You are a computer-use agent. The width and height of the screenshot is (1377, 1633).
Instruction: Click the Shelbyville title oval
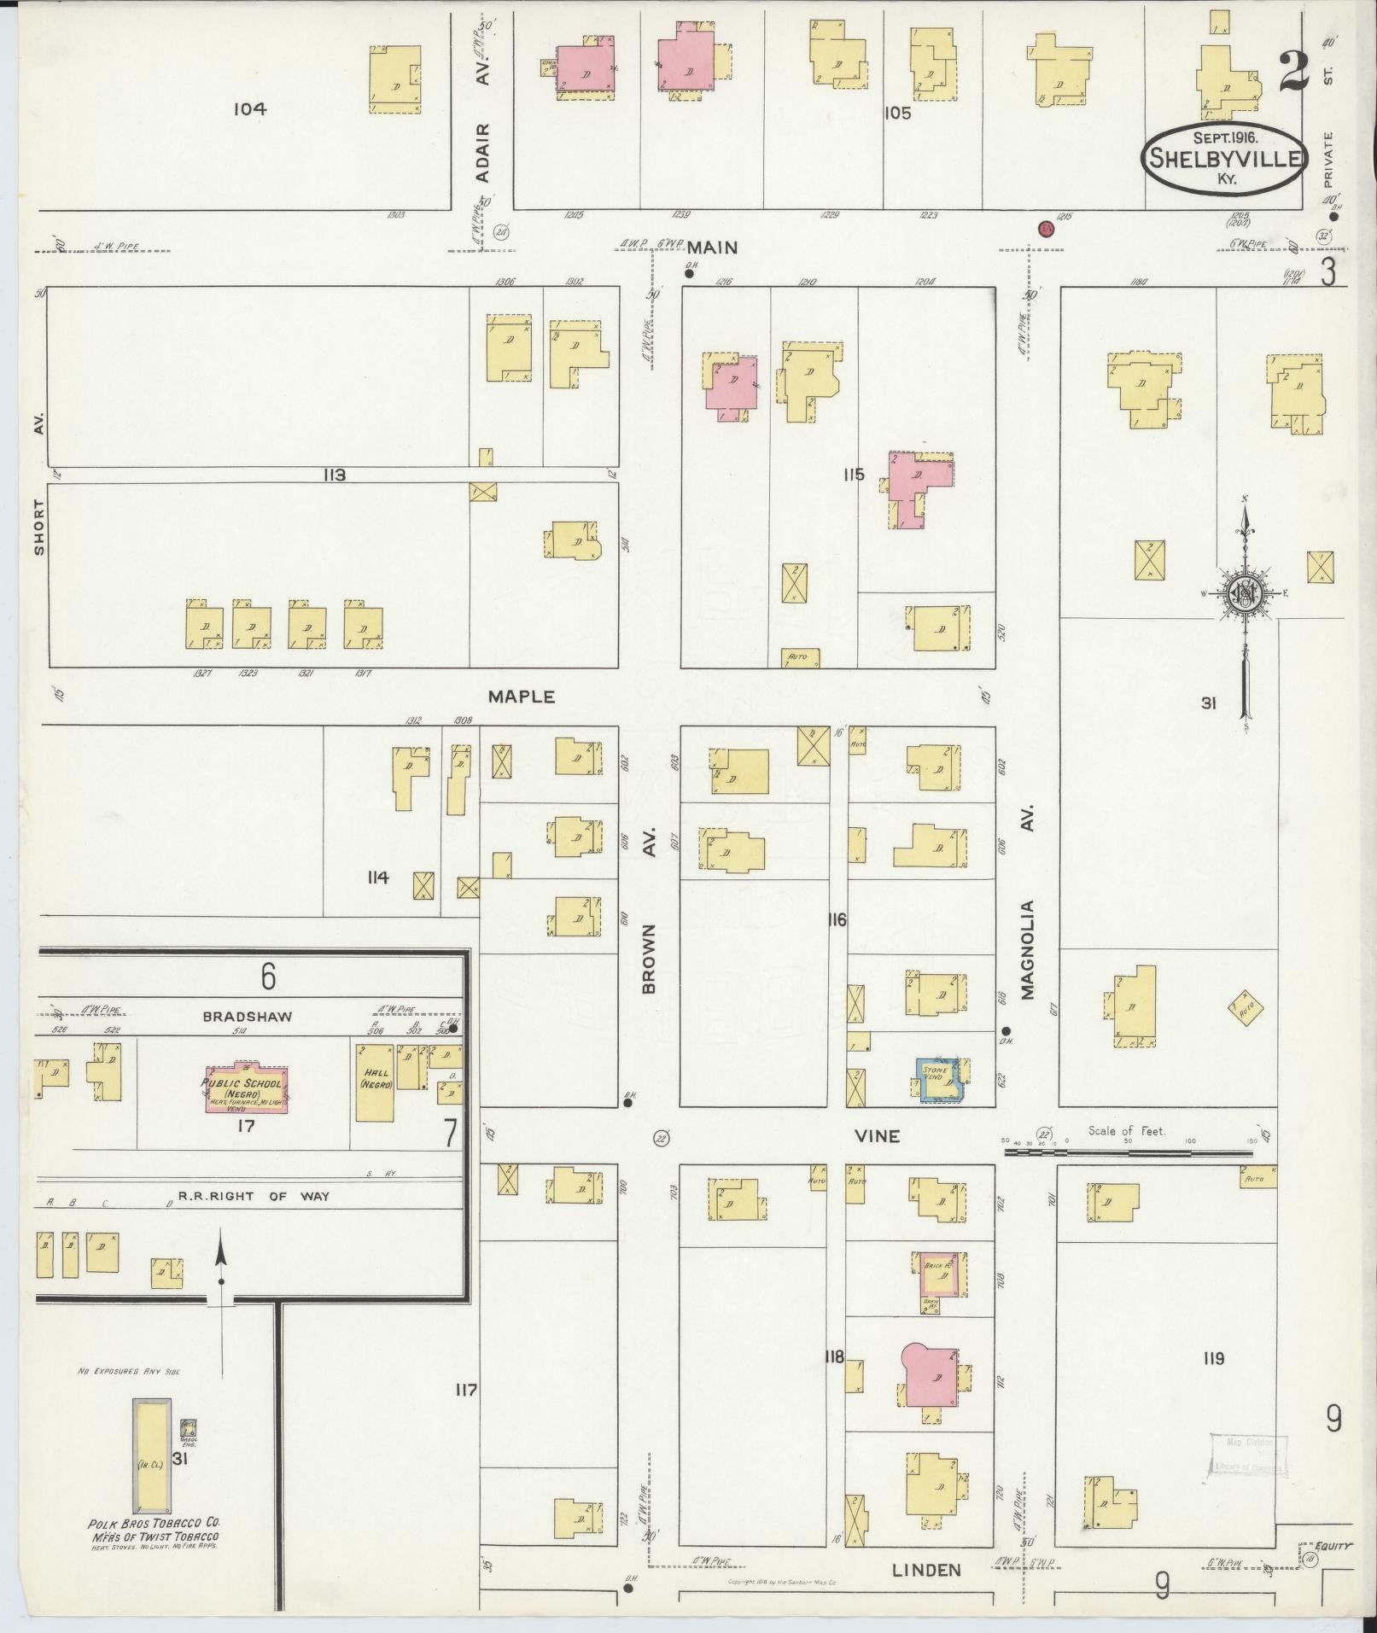[x=1223, y=158]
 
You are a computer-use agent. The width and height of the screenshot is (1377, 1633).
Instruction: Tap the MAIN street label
[x=712, y=248]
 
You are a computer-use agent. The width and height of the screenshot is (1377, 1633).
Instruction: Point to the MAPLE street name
[x=521, y=697]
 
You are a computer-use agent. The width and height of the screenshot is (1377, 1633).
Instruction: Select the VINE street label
[x=878, y=1136]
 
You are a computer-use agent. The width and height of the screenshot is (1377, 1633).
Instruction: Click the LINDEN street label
[x=926, y=1570]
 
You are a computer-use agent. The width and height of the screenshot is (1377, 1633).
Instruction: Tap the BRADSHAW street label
[x=248, y=1017]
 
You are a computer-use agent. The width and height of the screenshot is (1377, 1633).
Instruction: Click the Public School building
[x=247, y=1089]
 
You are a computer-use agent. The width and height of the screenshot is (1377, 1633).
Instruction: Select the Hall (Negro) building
[x=375, y=1080]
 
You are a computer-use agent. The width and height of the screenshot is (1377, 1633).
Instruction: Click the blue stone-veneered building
[x=938, y=1080]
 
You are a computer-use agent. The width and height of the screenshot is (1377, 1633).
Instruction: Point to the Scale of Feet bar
[x=1126, y=1152]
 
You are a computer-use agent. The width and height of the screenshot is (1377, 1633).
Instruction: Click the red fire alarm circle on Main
[x=1046, y=229]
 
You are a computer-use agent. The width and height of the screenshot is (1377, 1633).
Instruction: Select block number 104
[x=250, y=109]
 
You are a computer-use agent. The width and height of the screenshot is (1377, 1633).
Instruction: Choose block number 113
[x=334, y=475]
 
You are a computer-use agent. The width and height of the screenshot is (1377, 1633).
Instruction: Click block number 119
[x=1213, y=1382]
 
